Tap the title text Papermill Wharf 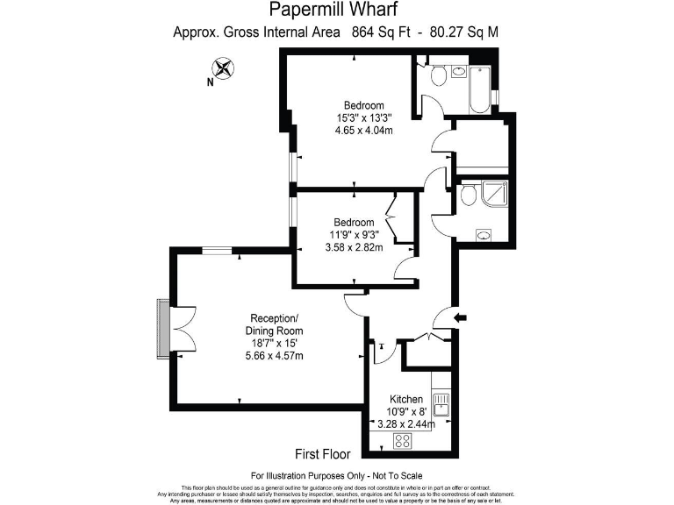335,11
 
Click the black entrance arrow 462,317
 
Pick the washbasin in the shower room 483,235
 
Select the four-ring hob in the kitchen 405,441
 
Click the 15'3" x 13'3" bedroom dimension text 363,118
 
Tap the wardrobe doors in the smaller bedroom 394,217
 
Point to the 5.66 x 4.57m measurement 275,355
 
